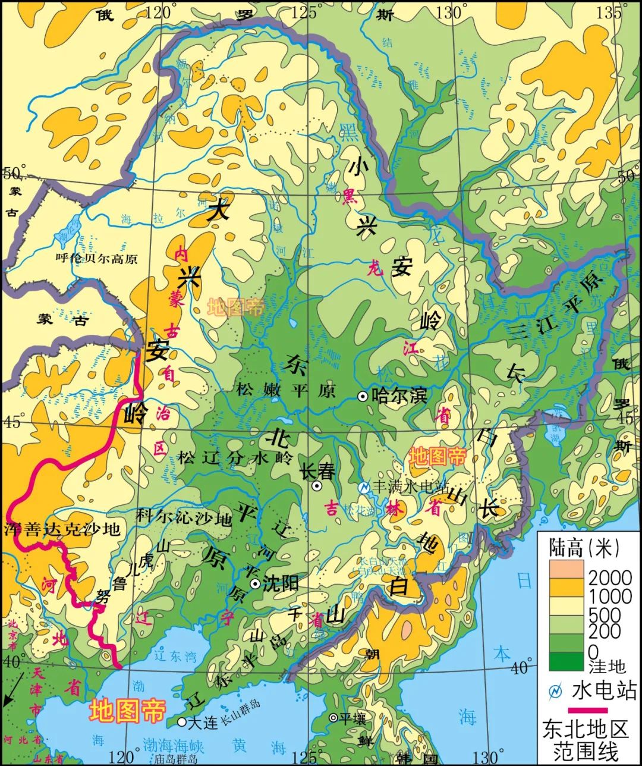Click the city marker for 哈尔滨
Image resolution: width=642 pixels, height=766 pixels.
click(x=362, y=396)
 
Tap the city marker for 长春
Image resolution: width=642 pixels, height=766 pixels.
click(x=317, y=486)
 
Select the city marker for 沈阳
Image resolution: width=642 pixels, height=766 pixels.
click(x=255, y=583)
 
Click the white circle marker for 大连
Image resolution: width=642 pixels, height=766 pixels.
click(x=181, y=722)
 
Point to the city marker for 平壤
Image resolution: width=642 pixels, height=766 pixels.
click(x=333, y=718)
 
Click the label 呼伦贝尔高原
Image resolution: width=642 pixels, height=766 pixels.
click(x=96, y=258)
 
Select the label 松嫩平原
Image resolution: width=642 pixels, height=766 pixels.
click(x=286, y=391)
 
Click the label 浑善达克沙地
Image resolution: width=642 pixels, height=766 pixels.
click(x=62, y=528)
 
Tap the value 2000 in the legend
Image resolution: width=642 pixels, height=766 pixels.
click(x=610, y=577)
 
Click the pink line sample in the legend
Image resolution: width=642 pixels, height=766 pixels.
click(x=588, y=710)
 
